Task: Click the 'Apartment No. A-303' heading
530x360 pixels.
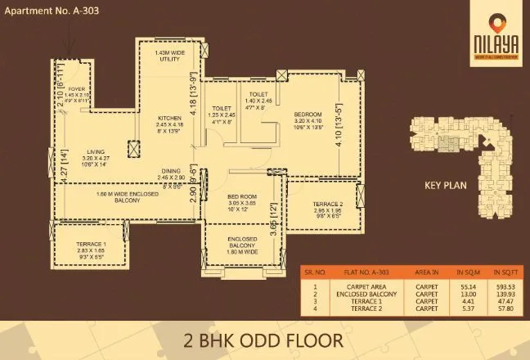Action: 51,11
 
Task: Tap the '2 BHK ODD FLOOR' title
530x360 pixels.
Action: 264,337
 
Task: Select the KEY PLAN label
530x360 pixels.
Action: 445,186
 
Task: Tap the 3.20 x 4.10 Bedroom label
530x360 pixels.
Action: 308,114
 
